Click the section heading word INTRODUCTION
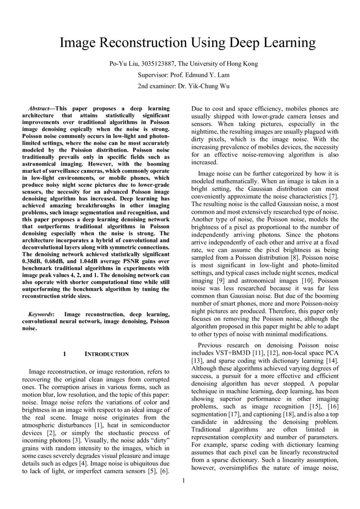click(x=106, y=354)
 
